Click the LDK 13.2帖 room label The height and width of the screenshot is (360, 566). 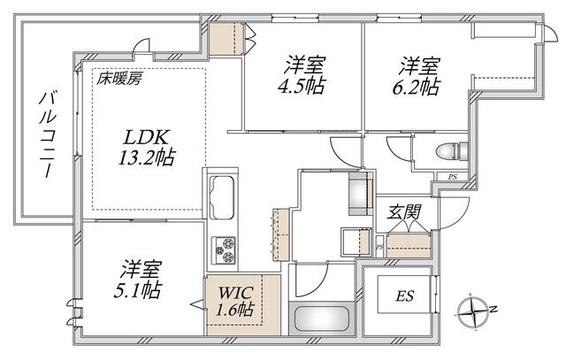(147, 148)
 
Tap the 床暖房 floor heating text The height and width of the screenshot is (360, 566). (119, 79)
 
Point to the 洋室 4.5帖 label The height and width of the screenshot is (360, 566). (302, 75)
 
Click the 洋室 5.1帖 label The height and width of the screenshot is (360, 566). (138, 280)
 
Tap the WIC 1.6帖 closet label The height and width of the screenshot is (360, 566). (235, 301)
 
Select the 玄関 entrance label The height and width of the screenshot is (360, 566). (403, 212)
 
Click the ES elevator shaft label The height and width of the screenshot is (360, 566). (405, 296)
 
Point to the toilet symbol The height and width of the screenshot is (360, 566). (452, 151)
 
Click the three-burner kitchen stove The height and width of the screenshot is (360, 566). (224, 250)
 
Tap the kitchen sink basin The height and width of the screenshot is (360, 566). (222, 197)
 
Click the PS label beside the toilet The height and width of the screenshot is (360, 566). (452, 177)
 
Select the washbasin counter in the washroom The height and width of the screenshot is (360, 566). (356, 242)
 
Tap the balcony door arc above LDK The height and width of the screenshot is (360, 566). (141, 45)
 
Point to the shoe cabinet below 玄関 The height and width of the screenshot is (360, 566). (409, 245)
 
